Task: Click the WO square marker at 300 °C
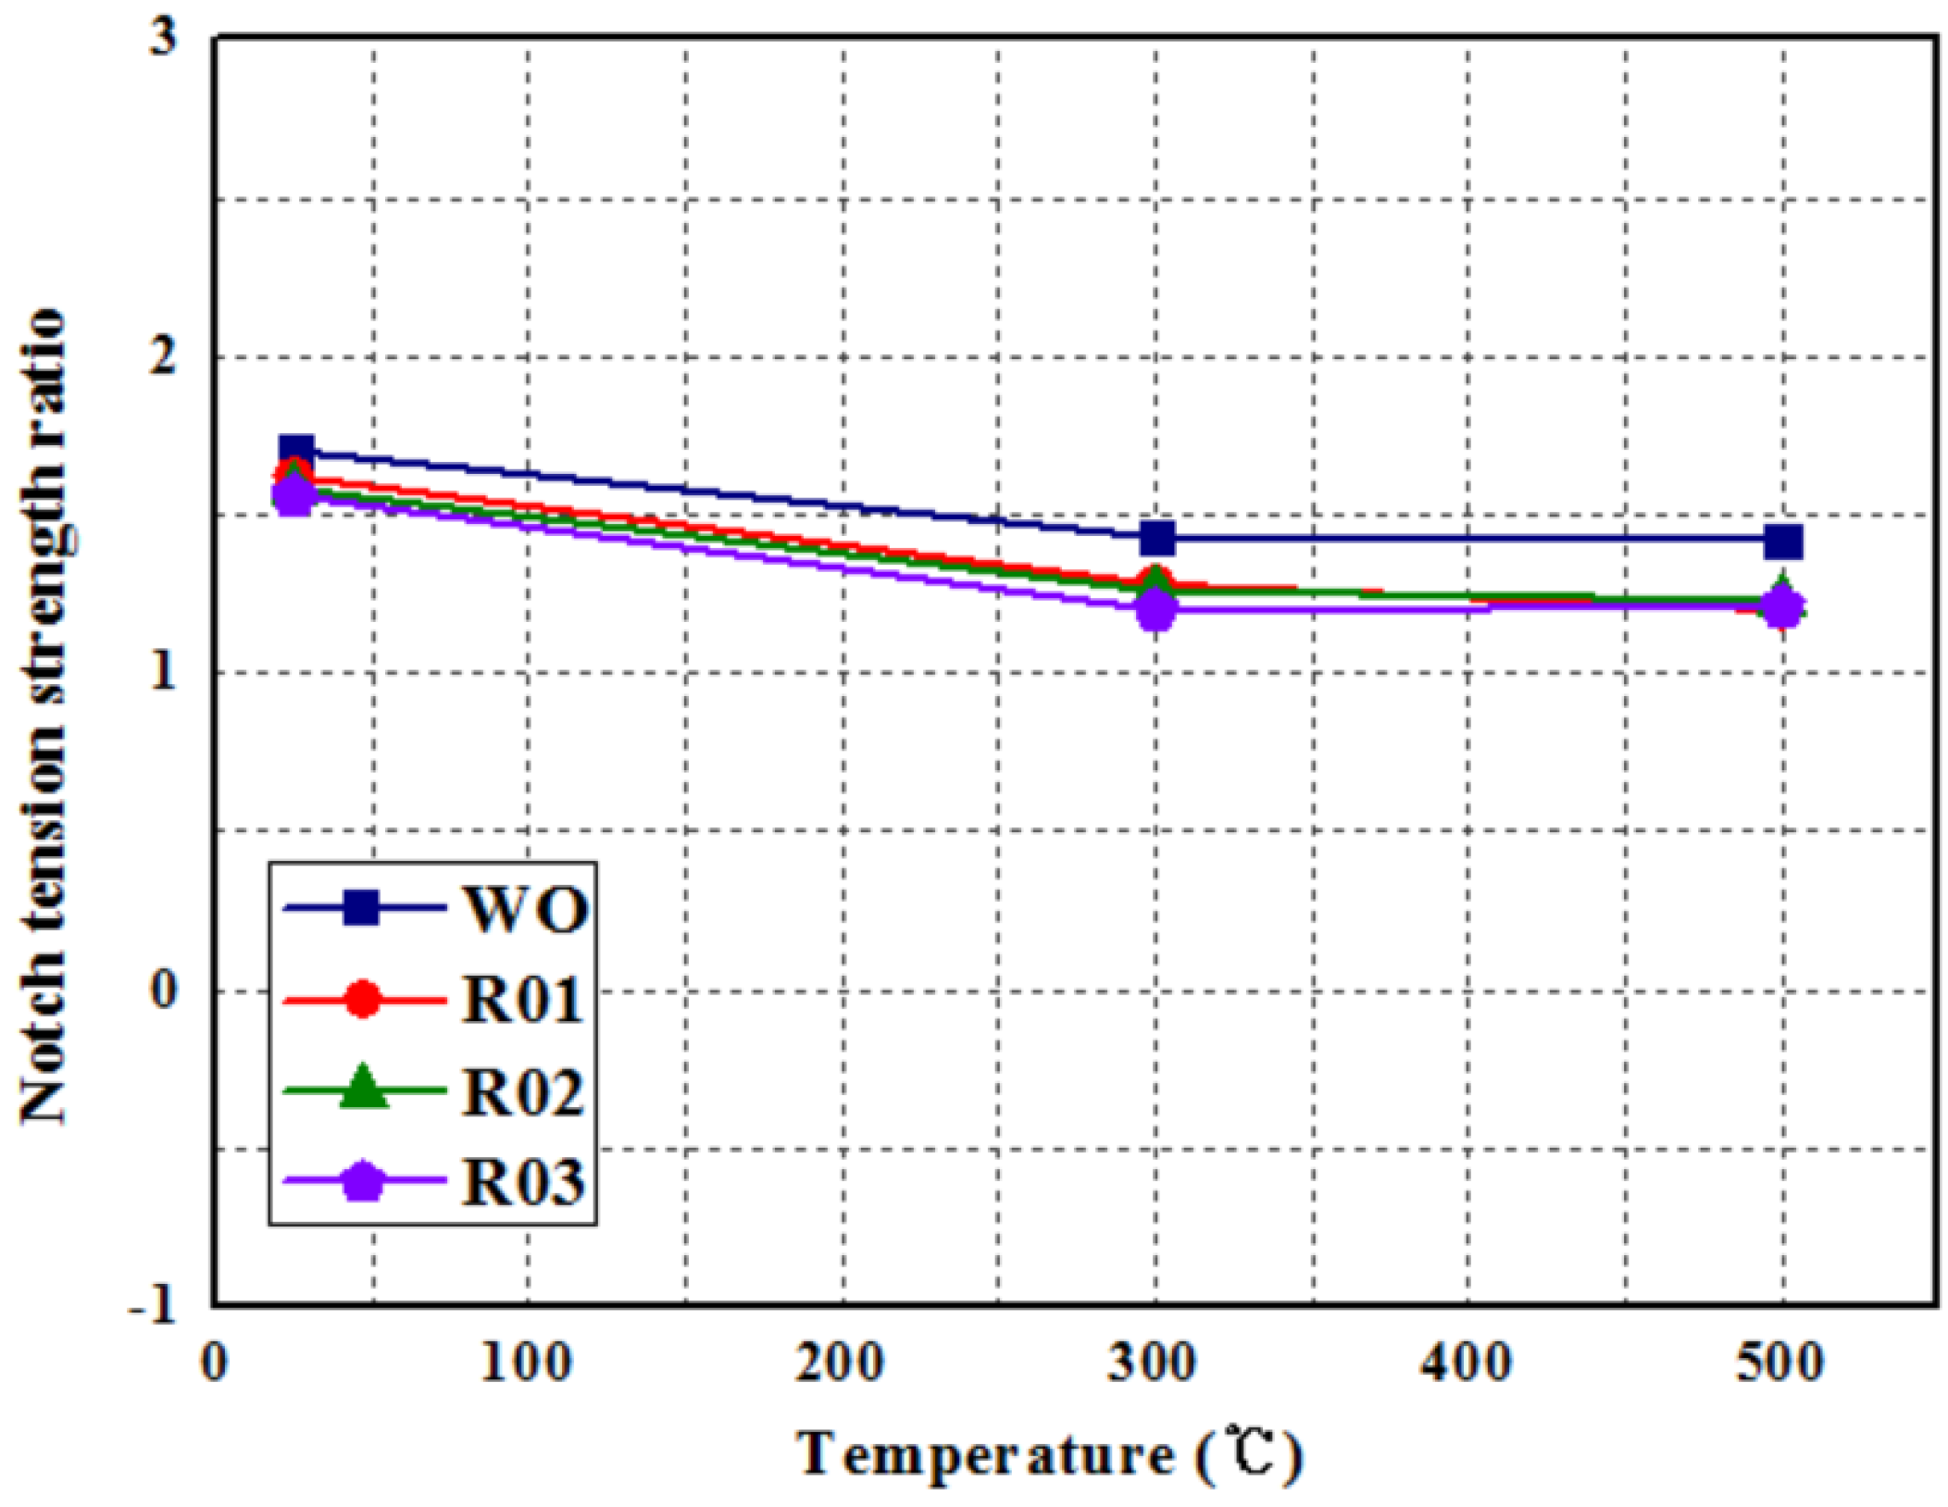(1157, 538)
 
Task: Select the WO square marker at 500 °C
(1783, 542)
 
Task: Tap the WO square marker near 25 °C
(296, 453)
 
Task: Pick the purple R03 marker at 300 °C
(1156, 610)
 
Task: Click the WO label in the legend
(525, 909)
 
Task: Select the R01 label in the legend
(523, 1001)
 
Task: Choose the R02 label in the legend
(523, 1092)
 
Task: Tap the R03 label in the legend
(523, 1182)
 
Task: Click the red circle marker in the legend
(363, 1000)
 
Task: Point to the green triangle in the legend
(363, 1088)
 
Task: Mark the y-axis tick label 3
(163, 39)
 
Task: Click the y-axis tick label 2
(163, 355)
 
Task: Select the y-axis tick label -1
(154, 1305)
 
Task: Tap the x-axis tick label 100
(527, 1364)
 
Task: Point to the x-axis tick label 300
(1154, 1364)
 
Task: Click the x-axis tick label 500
(1780, 1364)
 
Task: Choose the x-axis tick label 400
(1467, 1364)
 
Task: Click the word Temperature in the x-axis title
(985, 1455)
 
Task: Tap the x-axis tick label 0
(215, 1364)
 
